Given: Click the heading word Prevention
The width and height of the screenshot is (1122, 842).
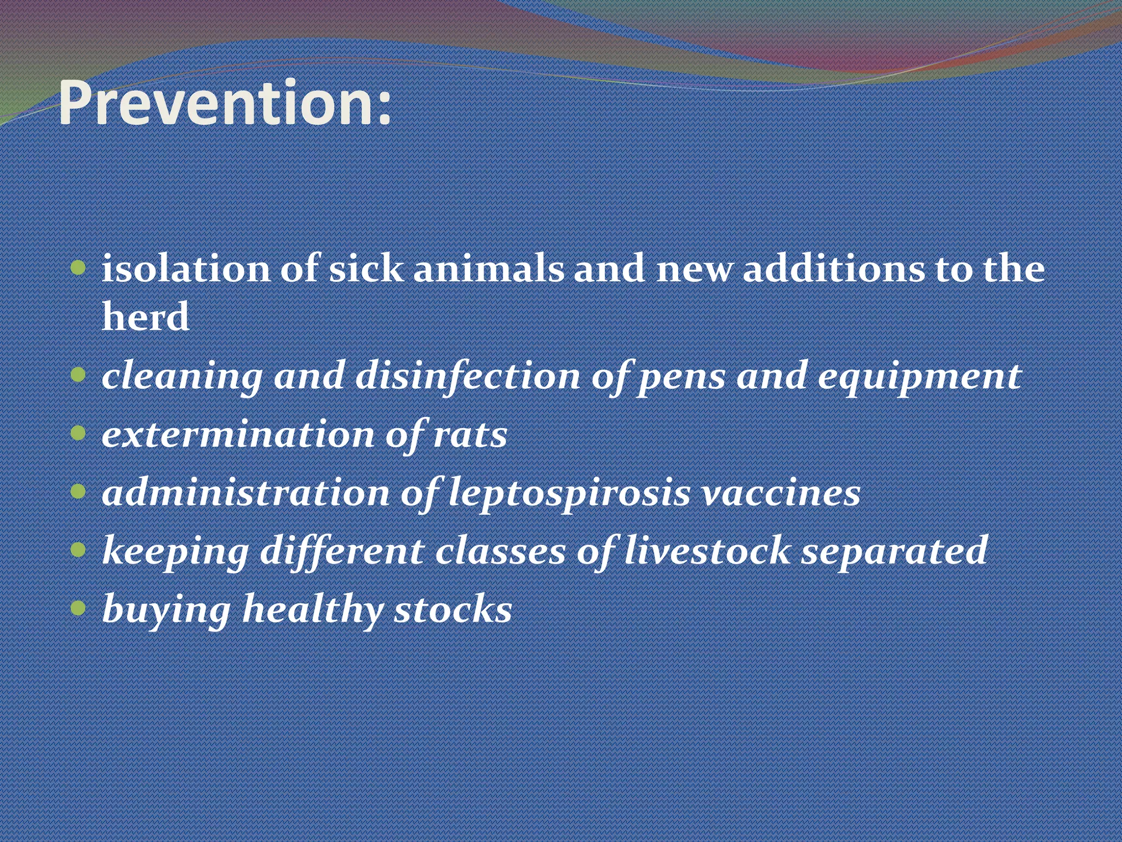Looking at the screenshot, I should coord(225,103).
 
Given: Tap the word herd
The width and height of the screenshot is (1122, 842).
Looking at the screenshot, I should coord(146,317).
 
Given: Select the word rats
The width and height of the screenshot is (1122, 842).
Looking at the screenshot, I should coord(470,435).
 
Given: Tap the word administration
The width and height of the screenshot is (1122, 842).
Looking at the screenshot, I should coord(246,493).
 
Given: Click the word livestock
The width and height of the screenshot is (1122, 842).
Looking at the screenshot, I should coord(707,550).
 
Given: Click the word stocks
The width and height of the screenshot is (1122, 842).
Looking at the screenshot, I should coord(453,609).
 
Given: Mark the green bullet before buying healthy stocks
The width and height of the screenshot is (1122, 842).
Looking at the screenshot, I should coord(79,607).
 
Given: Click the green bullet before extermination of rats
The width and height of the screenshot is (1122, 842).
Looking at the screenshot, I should coord(79,434).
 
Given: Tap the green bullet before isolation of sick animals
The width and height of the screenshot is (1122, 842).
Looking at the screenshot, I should coord(79,268).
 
